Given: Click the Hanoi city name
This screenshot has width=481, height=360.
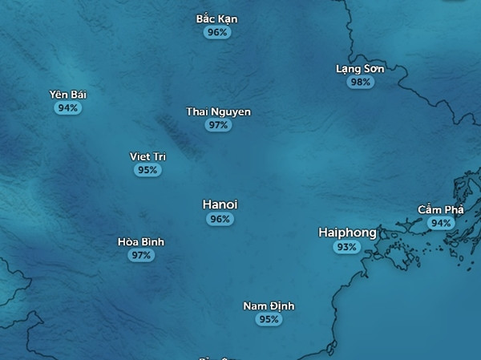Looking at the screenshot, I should click(x=220, y=205).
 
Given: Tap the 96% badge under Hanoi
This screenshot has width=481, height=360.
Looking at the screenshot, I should click(x=220, y=219).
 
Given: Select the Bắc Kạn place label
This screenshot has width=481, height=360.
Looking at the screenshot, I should click(x=216, y=18).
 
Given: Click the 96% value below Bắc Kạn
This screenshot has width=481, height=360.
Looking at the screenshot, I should click(x=216, y=32).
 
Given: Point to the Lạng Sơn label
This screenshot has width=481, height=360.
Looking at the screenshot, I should click(x=360, y=69).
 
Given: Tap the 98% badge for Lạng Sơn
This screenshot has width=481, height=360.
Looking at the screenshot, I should click(x=360, y=82).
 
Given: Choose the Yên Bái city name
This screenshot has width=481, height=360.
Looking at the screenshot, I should click(x=67, y=95).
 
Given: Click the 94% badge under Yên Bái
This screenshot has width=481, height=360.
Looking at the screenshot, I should click(x=67, y=107).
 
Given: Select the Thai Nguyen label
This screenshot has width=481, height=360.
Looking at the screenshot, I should click(x=218, y=112).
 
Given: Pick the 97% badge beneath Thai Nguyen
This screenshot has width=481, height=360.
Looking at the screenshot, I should click(x=218, y=125).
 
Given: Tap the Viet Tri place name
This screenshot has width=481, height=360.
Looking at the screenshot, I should click(x=148, y=156).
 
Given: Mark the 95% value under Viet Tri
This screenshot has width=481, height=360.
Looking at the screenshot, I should click(x=148, y=170).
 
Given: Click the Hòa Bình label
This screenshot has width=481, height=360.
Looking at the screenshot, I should click(x=140, y=241).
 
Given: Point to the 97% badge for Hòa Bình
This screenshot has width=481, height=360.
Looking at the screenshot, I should click(x=140, y=255).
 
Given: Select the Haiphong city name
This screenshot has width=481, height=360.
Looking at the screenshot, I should click(x=347, y=233).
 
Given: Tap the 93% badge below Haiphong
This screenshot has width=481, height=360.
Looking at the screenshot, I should click(x=346, y=247).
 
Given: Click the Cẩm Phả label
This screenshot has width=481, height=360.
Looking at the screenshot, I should click(x=440, y=209).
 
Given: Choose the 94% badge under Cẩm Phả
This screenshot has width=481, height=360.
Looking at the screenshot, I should click(x=439, y=223).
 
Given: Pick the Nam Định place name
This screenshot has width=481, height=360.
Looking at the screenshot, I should click(x=269, y=306).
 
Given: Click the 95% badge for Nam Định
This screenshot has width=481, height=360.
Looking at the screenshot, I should click(x=269, y=319).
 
